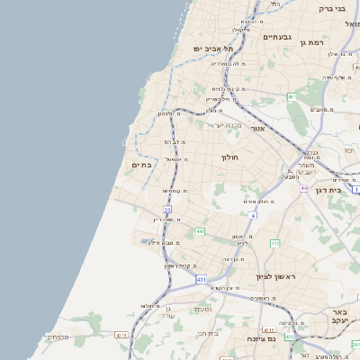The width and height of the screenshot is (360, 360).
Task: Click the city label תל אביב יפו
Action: (x=212, y=48)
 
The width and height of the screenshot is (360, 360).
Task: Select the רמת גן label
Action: (x=310, y=42)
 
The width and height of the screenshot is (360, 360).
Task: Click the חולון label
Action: (x=229, y=157)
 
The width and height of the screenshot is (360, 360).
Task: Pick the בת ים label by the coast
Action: (x=141, y=165)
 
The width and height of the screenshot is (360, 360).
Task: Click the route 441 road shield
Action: (x=199, y=231)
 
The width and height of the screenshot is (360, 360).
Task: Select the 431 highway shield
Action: (x=200, y=281)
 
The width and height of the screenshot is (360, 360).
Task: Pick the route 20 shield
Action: (x=167, y=209)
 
